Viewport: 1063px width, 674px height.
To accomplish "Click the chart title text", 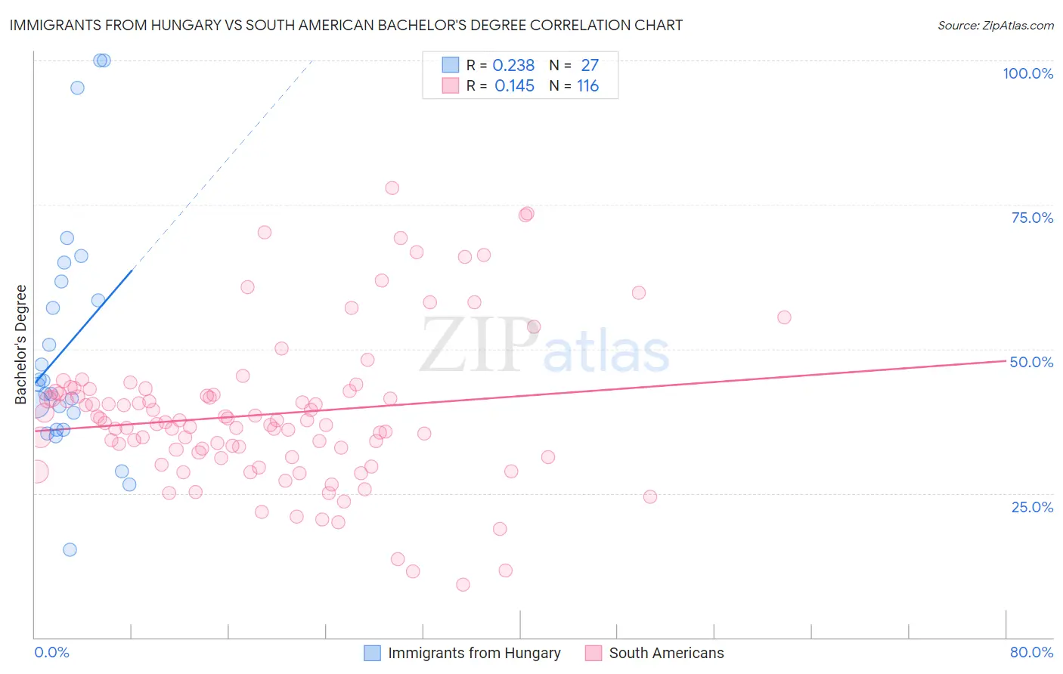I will [x=346, y=25].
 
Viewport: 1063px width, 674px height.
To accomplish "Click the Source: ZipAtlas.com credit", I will [x=995, y=26].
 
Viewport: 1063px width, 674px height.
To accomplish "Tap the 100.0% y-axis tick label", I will [x=1027, y=73].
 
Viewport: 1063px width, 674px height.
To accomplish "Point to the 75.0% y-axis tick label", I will [x=1032, y=218].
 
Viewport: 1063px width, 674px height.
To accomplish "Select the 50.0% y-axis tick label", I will [x=1031, y=362].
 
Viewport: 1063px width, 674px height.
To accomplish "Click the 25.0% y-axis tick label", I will [x=1032, y=506].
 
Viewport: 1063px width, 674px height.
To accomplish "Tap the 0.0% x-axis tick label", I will [x=51, y=652].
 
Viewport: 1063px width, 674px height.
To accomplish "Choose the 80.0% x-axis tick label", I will [x=1031, y=652].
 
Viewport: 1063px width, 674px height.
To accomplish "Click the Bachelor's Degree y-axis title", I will [x=21, y=344].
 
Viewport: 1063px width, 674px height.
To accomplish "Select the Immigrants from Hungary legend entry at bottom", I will [x=463, y=653].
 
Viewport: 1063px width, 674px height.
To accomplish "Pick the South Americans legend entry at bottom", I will [x=655, y=653].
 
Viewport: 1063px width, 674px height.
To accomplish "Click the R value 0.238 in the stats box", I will [x=513, y=66].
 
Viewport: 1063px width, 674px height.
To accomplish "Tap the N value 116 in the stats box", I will [x=587, y=86].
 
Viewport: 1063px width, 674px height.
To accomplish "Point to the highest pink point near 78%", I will [x=392, y=188].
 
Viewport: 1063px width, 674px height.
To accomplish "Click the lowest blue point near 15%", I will [x=70, y=549].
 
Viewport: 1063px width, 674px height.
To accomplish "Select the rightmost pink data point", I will [x=784, y=317].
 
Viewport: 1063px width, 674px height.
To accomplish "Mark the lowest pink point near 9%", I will [x=463, y=584].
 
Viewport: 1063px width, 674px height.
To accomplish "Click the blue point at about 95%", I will [x=77, y=88].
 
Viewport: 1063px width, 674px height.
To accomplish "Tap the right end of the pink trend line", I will [x=1006, y=361].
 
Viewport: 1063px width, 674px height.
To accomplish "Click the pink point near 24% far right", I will [x=650, y=496].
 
